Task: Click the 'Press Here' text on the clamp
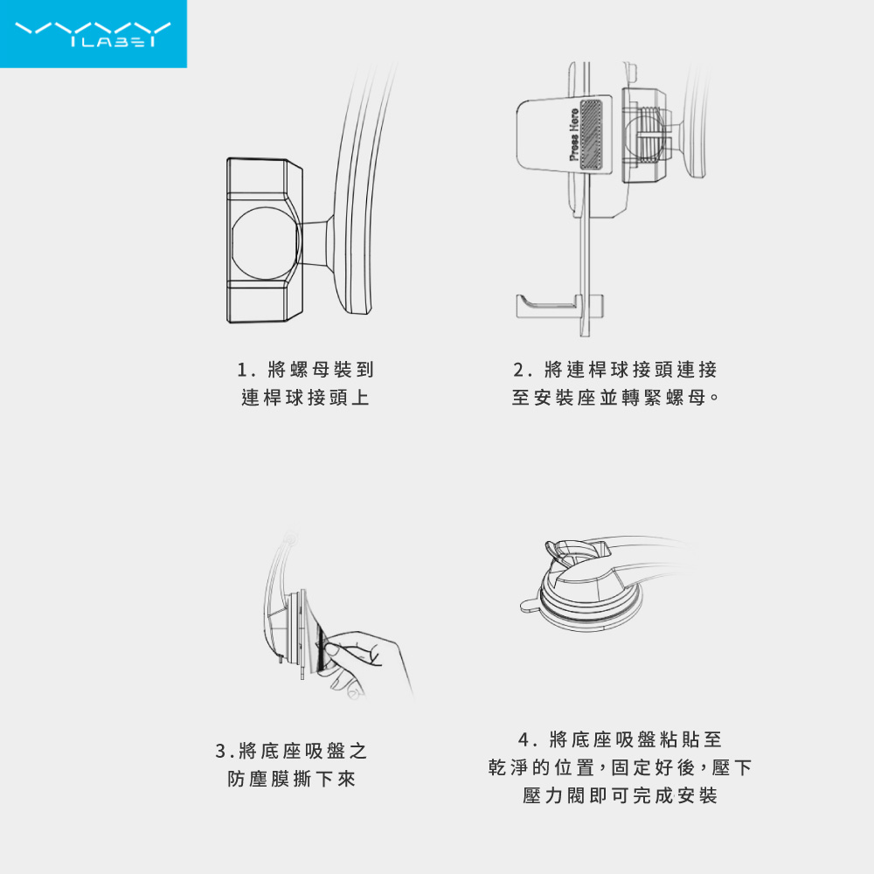coord(573,135)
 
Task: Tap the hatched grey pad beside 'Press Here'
coord(591,135)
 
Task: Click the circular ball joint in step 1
coord(266,244)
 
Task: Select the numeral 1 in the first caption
coord(242,370)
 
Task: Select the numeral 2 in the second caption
coord(518,370)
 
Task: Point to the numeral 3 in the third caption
coord(220,751)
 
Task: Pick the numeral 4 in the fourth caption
coord(524,739)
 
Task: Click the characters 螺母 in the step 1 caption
coord(309,370)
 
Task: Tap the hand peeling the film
coord(365,663)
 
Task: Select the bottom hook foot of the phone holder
coord(559,306)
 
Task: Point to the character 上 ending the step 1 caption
coord(360,398)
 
